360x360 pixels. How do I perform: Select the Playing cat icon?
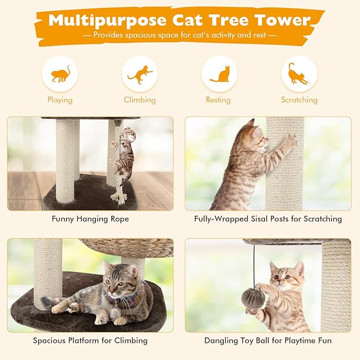60,74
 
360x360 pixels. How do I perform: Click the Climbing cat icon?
139,74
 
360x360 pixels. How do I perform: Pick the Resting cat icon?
219,74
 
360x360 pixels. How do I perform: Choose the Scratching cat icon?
299,74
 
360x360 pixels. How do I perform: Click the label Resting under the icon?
218,100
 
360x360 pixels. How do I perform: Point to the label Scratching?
299,100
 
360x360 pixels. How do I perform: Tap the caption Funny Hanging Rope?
90,218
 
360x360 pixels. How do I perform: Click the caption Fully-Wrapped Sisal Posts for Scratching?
268,218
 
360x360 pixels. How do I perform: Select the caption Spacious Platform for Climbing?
90,340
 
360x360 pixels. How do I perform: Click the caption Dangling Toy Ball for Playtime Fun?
268,340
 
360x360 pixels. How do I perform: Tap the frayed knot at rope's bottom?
118,196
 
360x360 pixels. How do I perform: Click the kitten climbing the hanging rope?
125,154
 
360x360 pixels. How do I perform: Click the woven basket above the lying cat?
127,247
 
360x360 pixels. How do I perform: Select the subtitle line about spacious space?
180,35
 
